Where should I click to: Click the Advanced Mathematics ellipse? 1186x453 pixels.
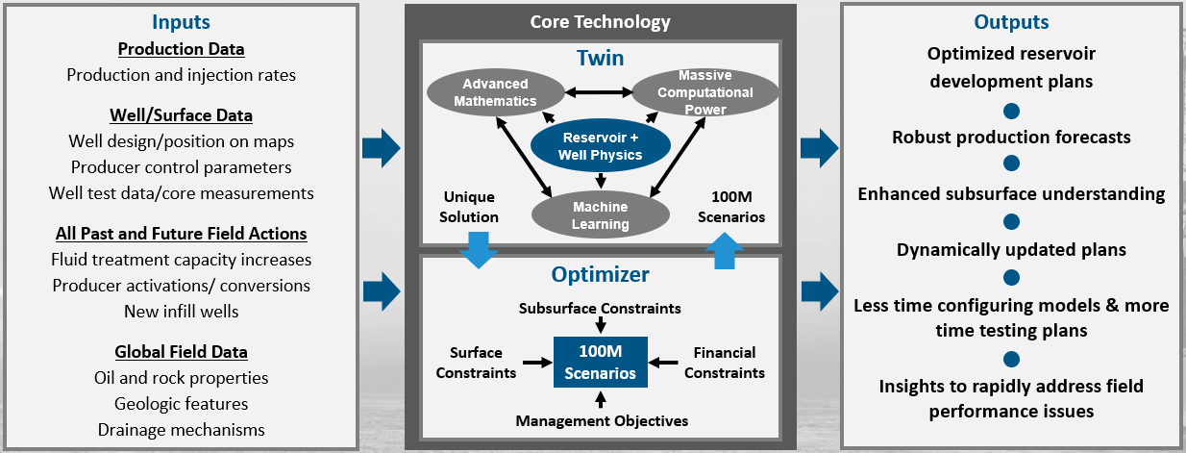coord(496,92)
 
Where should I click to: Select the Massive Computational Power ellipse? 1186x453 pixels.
coord(705,92)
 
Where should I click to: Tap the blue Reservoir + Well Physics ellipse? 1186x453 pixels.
coord(601,145)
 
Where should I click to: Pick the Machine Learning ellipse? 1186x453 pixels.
coord(601,215)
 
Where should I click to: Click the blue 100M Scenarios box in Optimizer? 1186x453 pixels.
coord(601,362)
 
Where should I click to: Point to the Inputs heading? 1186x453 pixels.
coord(181,22)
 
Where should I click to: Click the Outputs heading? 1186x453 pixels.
coord(1011,22)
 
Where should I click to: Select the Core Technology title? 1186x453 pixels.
coord(601,22)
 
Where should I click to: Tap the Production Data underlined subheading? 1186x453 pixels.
coord(181,49)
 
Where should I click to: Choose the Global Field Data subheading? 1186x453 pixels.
coord(181,352)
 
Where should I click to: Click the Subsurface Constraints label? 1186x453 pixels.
coord(600,309)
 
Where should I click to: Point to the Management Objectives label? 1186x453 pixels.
coord(602,420)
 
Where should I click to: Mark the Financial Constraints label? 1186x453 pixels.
coord(725,363)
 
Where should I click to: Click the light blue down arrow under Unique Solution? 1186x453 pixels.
coord(479,250)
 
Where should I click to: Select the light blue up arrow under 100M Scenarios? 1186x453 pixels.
coord(725,251)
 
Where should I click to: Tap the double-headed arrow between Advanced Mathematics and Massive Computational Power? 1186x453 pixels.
coord(599,92)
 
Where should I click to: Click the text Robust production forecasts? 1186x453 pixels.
coord(1011,138)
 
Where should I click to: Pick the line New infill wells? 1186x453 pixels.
coord(181,312)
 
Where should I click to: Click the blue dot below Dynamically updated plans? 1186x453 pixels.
coord(1011,277)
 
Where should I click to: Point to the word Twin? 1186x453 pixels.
coord(601,58)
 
